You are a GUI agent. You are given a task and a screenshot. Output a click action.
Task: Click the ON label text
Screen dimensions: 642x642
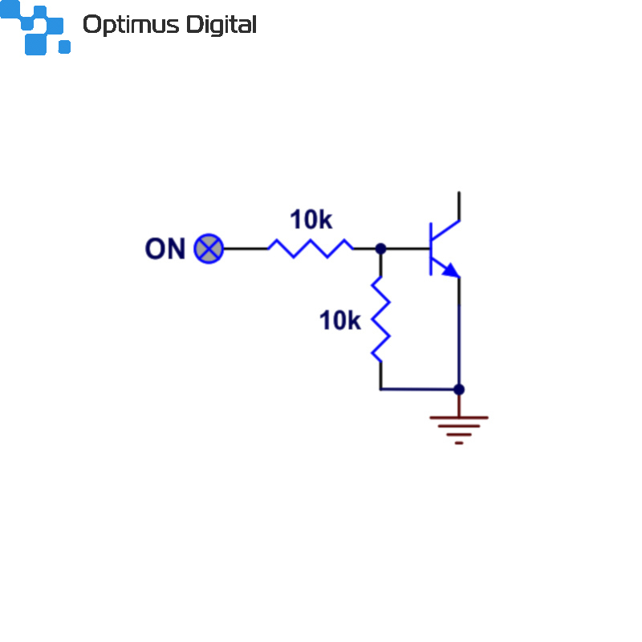pyautogui.click(x=165, y=249)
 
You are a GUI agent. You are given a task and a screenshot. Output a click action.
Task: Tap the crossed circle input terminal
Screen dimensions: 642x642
pyautogui.click(x=209, y=249)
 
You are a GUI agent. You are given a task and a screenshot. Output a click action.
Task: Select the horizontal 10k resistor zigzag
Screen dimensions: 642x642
pyautogui.click(x=311, y=249)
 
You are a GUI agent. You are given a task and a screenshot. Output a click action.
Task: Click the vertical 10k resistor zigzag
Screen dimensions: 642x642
pyautogui.click(x=380, y=319)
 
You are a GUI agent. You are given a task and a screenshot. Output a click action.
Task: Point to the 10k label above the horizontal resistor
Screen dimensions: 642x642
pyautogui.click(x=311, y=219)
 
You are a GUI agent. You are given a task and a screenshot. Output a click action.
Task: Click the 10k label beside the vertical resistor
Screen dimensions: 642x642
pyautogui.click(x=339, y=320)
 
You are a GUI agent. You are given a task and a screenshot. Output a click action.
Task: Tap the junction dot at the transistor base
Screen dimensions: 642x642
pyautogui.click(x=380, y=249)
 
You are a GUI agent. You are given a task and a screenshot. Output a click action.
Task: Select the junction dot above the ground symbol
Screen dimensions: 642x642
pyautogui.click(x=459, y=389)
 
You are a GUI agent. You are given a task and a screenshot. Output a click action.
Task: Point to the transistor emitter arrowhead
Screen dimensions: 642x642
pyautogui.click(x=452, y=270)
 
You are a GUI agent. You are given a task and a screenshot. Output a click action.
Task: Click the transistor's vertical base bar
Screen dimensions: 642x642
pyautogui.click(x=431, y=249)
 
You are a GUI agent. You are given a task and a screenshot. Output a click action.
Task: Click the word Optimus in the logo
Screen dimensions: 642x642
pyautogui.click(x=131, y=25)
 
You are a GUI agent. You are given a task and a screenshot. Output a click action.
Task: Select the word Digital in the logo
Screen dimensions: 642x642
pyautogui.click(x=221, y=25)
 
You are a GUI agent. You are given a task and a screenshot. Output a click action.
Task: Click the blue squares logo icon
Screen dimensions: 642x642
pyautogui.click(x=35, y=27)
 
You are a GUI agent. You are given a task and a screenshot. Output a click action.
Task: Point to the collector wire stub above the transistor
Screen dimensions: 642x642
pyautogui.click(x=459, y=206)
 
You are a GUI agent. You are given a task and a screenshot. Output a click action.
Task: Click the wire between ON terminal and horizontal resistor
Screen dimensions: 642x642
pyautogui.click(x=246, y=249)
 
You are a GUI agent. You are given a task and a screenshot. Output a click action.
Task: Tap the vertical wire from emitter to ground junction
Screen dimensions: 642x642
pyautogui.click(x=459, y=332)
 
